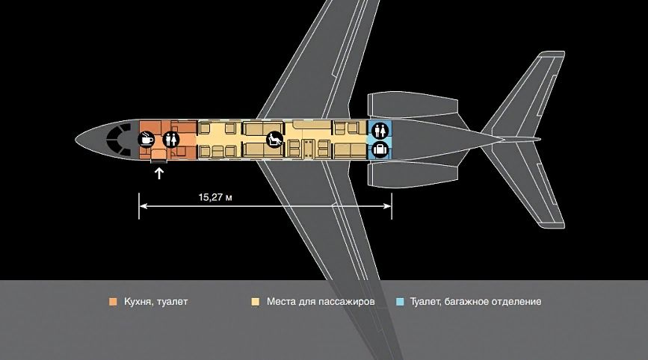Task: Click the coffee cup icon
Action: coord(146,139)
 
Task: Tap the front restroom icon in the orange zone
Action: coord(170,139)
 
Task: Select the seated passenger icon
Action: coord(274,139)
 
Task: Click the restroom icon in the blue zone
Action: coord(380,131)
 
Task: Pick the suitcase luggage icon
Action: coord(380,149)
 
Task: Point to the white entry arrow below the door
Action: coord(159,173)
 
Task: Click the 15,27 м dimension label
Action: coord(215,197)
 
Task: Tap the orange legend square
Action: coord(112,302)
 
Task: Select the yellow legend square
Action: coord(256,302)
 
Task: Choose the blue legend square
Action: coord(400,302)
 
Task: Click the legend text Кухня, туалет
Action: coord(155,302)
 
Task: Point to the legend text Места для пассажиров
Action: coord(321,302)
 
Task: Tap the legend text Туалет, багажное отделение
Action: coord(475,302)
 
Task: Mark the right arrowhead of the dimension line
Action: coord(388,205)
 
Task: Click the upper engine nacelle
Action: coord(413,105)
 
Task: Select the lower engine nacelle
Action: coord(413,175)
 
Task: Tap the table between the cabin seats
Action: coord(308,149)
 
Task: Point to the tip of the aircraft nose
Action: coord(75,139)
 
